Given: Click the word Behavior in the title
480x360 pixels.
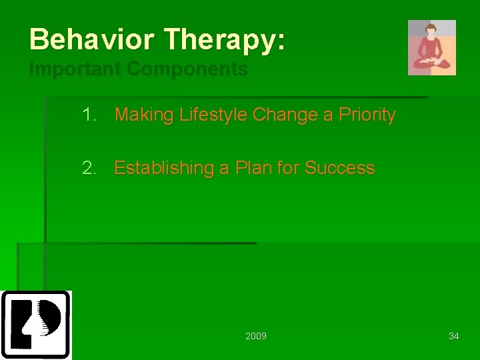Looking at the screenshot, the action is (91, 39).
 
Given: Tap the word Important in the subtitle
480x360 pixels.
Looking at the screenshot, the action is (75, 69).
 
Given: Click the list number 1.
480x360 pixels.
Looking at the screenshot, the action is (89, 115).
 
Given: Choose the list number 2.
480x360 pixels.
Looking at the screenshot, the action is (89, 168).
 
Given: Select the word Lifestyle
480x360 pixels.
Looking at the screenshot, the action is (213, 115).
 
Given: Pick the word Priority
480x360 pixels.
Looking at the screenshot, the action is (367, 115).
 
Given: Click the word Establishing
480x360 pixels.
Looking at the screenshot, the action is (164, 168).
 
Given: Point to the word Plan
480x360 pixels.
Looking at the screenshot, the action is (253, 167).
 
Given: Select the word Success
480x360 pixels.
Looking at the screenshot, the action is (340, 168).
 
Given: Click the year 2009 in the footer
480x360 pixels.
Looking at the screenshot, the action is (256, 336).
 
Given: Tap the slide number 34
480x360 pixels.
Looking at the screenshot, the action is (454, 336).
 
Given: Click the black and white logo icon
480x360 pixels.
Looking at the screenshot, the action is (36, 325).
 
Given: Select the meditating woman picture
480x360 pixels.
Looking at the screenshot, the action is (432, 47).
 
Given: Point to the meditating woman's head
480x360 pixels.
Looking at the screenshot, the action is (431, 29).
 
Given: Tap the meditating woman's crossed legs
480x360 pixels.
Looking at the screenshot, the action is (431, 63).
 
